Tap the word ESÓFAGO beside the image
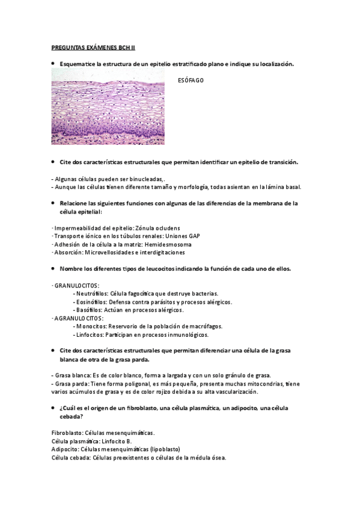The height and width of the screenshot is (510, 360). click(x=191, y=80)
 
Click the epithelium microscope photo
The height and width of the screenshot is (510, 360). click(x=108, y=106)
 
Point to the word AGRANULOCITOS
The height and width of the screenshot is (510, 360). click(x=79, y=318)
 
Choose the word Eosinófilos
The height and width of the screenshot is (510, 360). click(x=91, y=302)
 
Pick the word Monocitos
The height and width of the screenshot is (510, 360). click(x=89, y=327)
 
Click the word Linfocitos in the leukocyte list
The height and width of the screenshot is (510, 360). click(x=89, y=335)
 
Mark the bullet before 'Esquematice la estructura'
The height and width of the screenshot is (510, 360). click(x=53, y=63)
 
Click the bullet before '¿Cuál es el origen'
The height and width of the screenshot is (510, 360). click(x=53, y=408)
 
